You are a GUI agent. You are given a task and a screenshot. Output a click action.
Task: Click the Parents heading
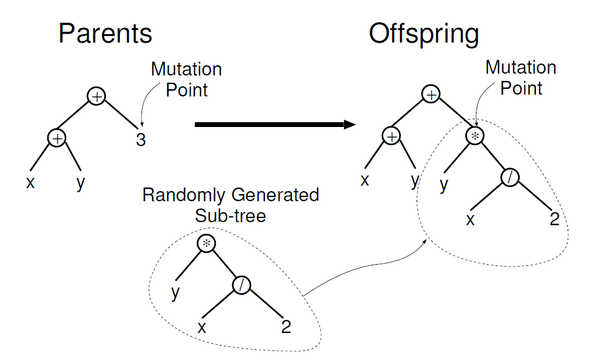click(105, 34)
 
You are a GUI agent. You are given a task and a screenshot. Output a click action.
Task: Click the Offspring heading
click(424, 34)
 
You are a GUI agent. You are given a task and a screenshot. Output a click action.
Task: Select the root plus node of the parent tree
click(97, 96)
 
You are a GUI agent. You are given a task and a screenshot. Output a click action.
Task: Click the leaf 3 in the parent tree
click(140, 140)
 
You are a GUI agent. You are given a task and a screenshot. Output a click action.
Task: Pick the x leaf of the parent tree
click(30, 182)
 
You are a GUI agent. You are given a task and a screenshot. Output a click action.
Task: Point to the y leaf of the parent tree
click(81, 182)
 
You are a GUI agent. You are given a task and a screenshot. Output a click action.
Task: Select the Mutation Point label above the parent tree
click(186, 79)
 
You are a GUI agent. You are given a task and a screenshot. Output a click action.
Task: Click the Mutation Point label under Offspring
click(521, 77)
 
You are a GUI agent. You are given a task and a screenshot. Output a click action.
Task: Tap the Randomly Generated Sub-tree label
click(231, 205)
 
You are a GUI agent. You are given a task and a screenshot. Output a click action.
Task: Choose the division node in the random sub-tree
click(241, 285)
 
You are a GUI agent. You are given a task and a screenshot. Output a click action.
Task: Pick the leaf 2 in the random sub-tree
click(286, 326)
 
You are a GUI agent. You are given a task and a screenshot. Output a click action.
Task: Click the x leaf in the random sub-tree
click(203, 327)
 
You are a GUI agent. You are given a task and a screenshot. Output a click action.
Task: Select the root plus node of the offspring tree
click(431, 95)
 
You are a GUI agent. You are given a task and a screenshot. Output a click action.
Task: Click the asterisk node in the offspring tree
click(474, 136)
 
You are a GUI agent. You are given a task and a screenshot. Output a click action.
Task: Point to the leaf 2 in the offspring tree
click(554, 219)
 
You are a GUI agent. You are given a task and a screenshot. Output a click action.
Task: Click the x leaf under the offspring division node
click(471, 220)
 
